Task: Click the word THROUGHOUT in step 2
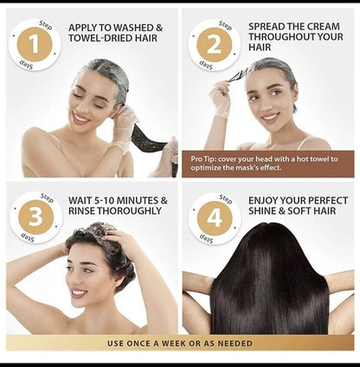tap(281, 38)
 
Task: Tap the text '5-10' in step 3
tap(106, 201)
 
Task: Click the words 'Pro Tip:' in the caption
tap(206, 158)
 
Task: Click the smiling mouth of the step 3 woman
tap(80, 292)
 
